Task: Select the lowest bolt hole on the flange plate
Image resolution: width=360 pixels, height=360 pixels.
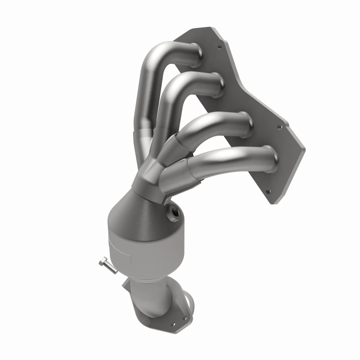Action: click(x=269, y=191)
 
